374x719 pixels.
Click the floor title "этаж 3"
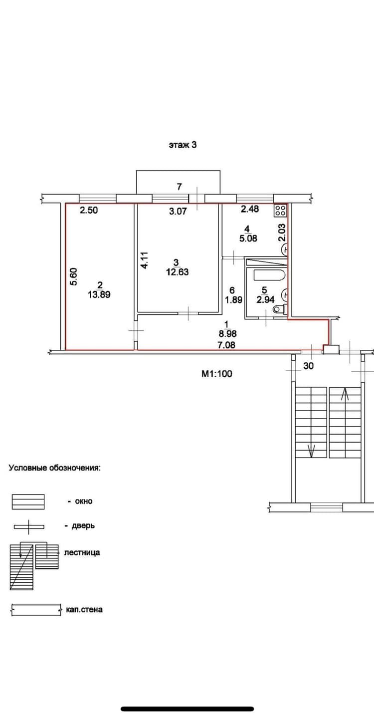click(183, 145)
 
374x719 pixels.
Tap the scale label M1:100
click(216, 374)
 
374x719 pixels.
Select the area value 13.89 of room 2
click(99, 294)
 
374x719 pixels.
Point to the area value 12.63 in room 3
click(178, 272)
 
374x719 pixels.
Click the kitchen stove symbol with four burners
click(280, 211)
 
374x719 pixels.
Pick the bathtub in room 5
click(269, 275)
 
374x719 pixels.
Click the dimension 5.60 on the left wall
click(74, 277)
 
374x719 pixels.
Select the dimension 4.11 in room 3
click(144, 260)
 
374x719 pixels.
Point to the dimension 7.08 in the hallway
click(226, 345)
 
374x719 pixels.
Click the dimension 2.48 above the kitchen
click(250, 209)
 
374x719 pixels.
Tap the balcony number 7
click(180, 186)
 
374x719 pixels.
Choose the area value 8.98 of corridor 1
click(227, 334)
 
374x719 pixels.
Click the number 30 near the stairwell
click(308, 366)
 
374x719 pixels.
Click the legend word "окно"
click(84, 501)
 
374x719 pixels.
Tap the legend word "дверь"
click(83, 526)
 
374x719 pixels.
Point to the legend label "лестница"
click(82, 552)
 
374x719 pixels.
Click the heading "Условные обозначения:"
click(54, 468)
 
